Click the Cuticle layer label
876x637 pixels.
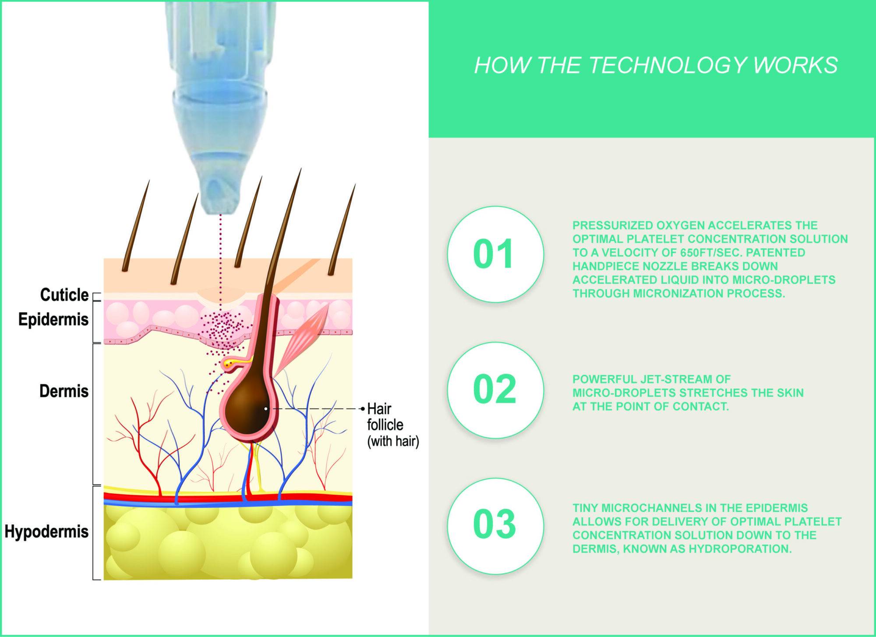(x=64, y=295)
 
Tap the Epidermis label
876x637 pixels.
(x=53, y=320)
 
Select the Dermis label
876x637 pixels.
(x=64, y=391)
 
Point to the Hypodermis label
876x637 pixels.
(x=46, y=532)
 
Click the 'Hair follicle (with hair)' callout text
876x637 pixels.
(x=393, y=425)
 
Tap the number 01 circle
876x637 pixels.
(x=495, y=254)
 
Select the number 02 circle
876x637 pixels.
(x=495, y=390)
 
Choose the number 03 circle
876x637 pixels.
(x=495, y=526)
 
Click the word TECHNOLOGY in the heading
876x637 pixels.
(x=667, y=65)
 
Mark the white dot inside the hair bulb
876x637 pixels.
(x=266, y=409)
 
